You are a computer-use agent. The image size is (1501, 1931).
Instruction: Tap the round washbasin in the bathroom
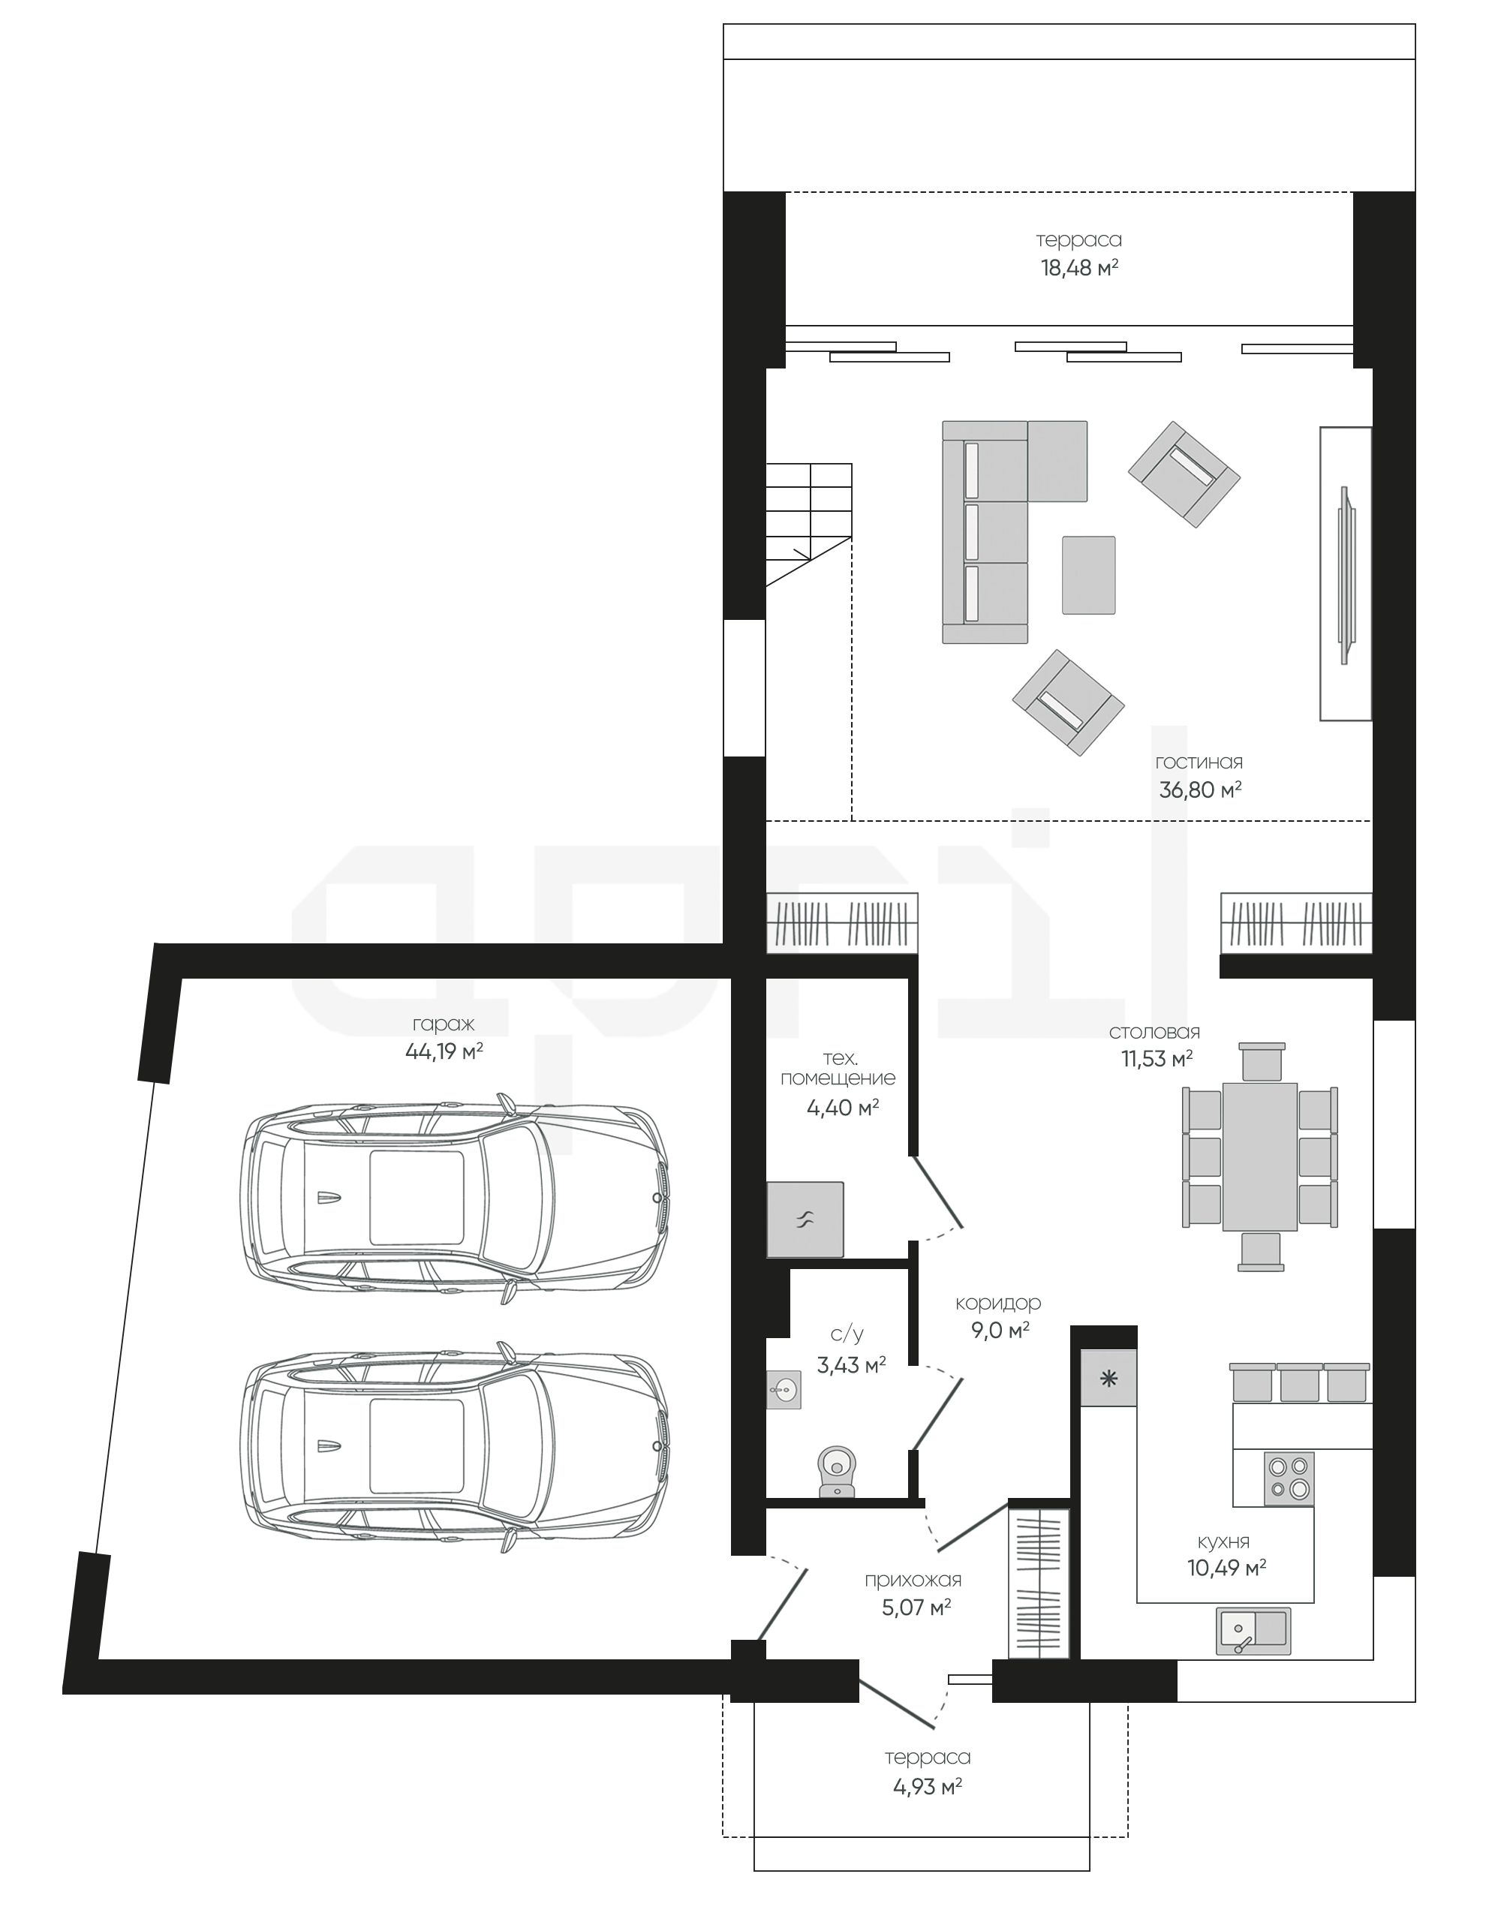(784, 1389)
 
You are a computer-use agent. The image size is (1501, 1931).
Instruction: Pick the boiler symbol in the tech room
(805, 1220)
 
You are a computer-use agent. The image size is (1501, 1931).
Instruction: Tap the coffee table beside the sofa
(1088, 575)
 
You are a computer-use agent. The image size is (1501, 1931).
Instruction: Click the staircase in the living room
(809, 523)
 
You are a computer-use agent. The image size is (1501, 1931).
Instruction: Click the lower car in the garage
(453, 1446)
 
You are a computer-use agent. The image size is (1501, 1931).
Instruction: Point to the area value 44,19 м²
(444, 1051)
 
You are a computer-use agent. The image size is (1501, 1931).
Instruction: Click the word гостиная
(1199, 762)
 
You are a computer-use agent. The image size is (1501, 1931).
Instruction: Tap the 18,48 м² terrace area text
(1079, 268)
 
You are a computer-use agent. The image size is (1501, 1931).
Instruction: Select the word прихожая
(913, 1580)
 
